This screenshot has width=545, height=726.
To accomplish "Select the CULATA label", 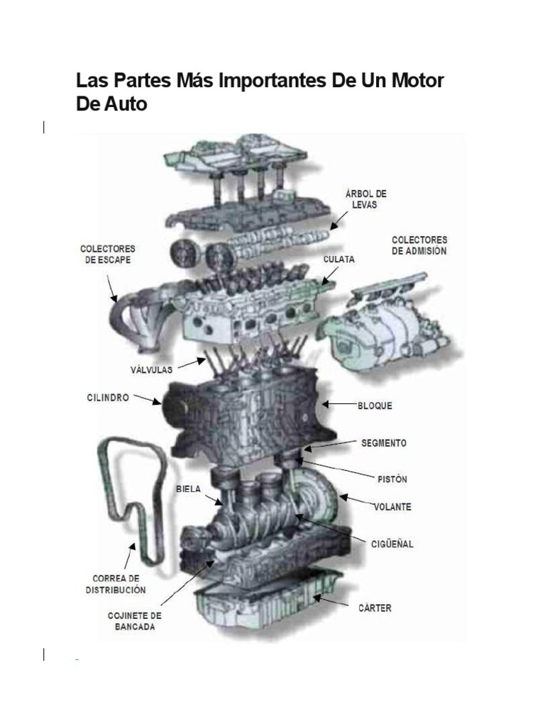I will coord(339,259).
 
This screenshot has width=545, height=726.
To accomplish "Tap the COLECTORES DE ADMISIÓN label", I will coord(419,246).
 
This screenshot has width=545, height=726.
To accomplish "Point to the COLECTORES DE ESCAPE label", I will coord(107,255).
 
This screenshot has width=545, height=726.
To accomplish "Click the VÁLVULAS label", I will coord(151,369).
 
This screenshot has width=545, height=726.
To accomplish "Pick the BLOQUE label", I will coord(375,406).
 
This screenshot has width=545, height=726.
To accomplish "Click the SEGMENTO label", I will coord(383,443).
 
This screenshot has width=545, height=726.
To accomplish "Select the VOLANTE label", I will coord(392,507).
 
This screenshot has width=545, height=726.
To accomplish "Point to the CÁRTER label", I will coord(375,608).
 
